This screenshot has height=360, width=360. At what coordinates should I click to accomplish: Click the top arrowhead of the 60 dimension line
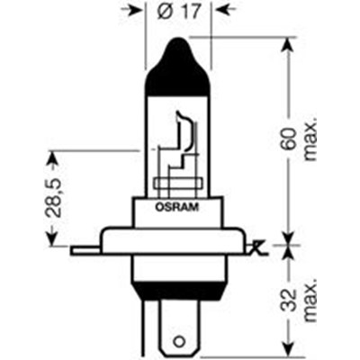(289, 43)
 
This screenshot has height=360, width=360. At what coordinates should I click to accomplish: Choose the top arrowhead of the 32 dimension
(289, 252)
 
